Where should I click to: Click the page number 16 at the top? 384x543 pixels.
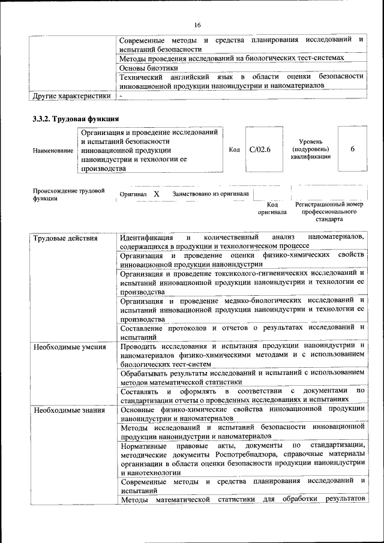click(x=197, y=25)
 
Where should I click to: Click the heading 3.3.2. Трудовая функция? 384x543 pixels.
click(x=76, y=118)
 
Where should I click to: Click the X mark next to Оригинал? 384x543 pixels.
click(x=156, y=194)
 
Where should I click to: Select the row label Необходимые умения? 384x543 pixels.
click(x=70, y=347)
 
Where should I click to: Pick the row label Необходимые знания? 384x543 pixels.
click(x=69, y=410)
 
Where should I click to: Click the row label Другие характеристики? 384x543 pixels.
click(x=71, y=95)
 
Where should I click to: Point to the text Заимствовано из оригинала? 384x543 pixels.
click(x=211, y=194)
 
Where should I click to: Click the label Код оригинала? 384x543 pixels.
click(x=272, y=208)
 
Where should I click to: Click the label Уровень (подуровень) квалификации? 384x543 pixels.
click(x=310, y=148)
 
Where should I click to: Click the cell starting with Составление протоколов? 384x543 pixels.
click(x=242, y=331)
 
